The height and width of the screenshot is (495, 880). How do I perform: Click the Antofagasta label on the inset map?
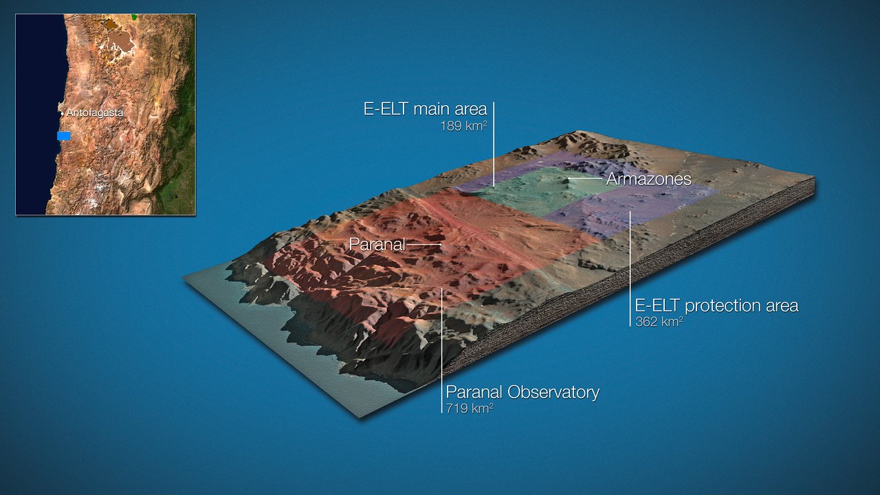[95, 113]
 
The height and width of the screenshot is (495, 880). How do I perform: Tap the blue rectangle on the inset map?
[64, 136]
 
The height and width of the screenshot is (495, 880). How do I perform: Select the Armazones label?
[648, 179]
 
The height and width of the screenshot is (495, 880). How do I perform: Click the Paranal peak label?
[377, 244]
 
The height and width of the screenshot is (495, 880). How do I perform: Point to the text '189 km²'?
[463, 126]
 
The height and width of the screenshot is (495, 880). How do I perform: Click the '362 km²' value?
[659, 321]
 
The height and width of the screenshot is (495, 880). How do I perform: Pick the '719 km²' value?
[470, 408]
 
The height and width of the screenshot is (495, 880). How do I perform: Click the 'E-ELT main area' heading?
[425, 109]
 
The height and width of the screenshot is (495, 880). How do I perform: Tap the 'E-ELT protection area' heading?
[716, 305]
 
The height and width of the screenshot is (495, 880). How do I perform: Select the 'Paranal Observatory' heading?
[522, 392]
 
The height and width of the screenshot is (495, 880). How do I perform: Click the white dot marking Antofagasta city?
[62, 113]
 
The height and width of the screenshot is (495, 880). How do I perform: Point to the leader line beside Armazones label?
[585, 179]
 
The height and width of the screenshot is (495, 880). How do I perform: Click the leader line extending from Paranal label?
[424, 244]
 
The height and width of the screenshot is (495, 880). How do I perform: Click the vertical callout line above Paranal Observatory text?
[442, 351]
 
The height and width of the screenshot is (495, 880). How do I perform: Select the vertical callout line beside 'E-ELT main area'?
[494, 144]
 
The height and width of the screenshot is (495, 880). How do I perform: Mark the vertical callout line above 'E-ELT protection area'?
[630, 269]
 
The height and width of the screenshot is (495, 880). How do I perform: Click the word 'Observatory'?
[553, 392]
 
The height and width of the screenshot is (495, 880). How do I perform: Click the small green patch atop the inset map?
[135, 17]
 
